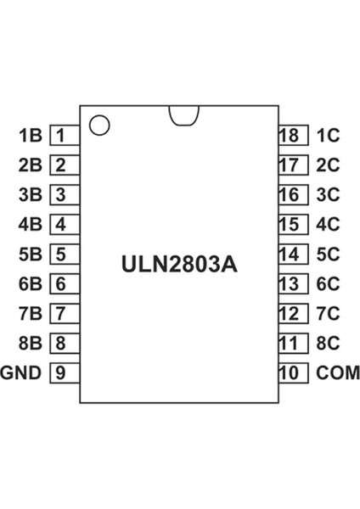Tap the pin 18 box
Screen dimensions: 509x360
point(289,135)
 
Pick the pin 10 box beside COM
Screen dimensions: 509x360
point(289,372)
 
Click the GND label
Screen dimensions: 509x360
point(21,372)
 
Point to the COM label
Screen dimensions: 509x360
point(338,372)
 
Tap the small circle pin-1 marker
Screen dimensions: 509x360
point(99,125)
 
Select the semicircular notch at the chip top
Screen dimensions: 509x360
point(183,115)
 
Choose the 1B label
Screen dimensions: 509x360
point(30,135)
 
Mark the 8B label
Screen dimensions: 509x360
point(30,344)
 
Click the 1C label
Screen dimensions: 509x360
point(328,135)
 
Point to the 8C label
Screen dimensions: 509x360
point(328,344)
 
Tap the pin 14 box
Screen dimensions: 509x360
point(289,254)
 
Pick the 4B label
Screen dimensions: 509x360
point(30,225)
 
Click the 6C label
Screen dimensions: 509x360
point(328,284)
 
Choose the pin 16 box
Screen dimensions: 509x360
point(289,194)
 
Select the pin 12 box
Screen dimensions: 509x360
point(289,313)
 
